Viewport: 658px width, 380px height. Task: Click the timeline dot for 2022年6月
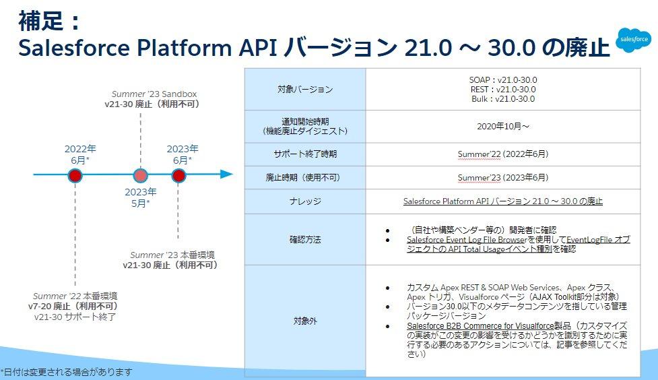[75, 175]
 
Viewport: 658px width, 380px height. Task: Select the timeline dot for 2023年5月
[140, 175]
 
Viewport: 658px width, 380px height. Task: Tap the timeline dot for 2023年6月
[178, 175]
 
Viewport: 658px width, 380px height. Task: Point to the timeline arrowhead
[227, 175]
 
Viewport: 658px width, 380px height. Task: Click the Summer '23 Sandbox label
[154, 94]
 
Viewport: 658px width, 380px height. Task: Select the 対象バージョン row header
[304, 89]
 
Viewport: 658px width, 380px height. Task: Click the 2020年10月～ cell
[502, 125]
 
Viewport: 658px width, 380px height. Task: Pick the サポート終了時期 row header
[304, 154]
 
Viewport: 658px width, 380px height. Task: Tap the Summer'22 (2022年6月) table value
[502, 154]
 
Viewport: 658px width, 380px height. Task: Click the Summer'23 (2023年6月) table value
[502, 178]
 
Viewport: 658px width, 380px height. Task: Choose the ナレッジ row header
[304, 201]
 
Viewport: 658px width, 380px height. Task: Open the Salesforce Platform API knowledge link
[502, 201]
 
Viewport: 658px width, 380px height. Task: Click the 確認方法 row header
[304, 239]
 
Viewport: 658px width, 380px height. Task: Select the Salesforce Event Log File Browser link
[465, 239]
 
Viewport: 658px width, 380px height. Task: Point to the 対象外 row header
[304, 321]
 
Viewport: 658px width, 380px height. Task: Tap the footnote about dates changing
[67, 371]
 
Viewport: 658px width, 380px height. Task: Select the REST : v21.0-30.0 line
[502, 89]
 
